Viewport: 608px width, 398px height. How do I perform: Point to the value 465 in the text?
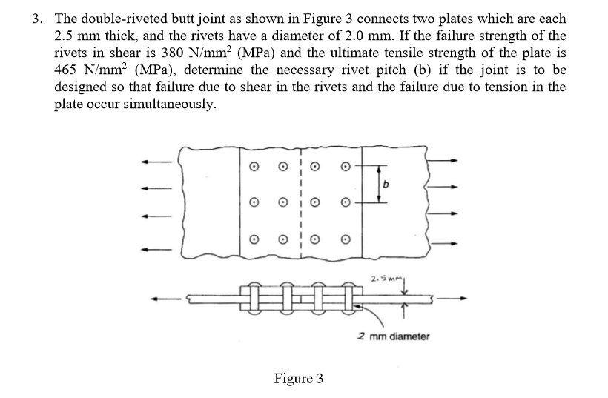(69, 70)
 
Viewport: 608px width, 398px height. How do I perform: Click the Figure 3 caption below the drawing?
(298, 379)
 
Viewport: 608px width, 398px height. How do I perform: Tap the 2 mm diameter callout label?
(393, 336)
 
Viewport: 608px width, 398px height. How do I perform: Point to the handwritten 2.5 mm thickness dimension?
(382, 280)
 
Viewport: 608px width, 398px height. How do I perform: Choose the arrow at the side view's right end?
(461, 299)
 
